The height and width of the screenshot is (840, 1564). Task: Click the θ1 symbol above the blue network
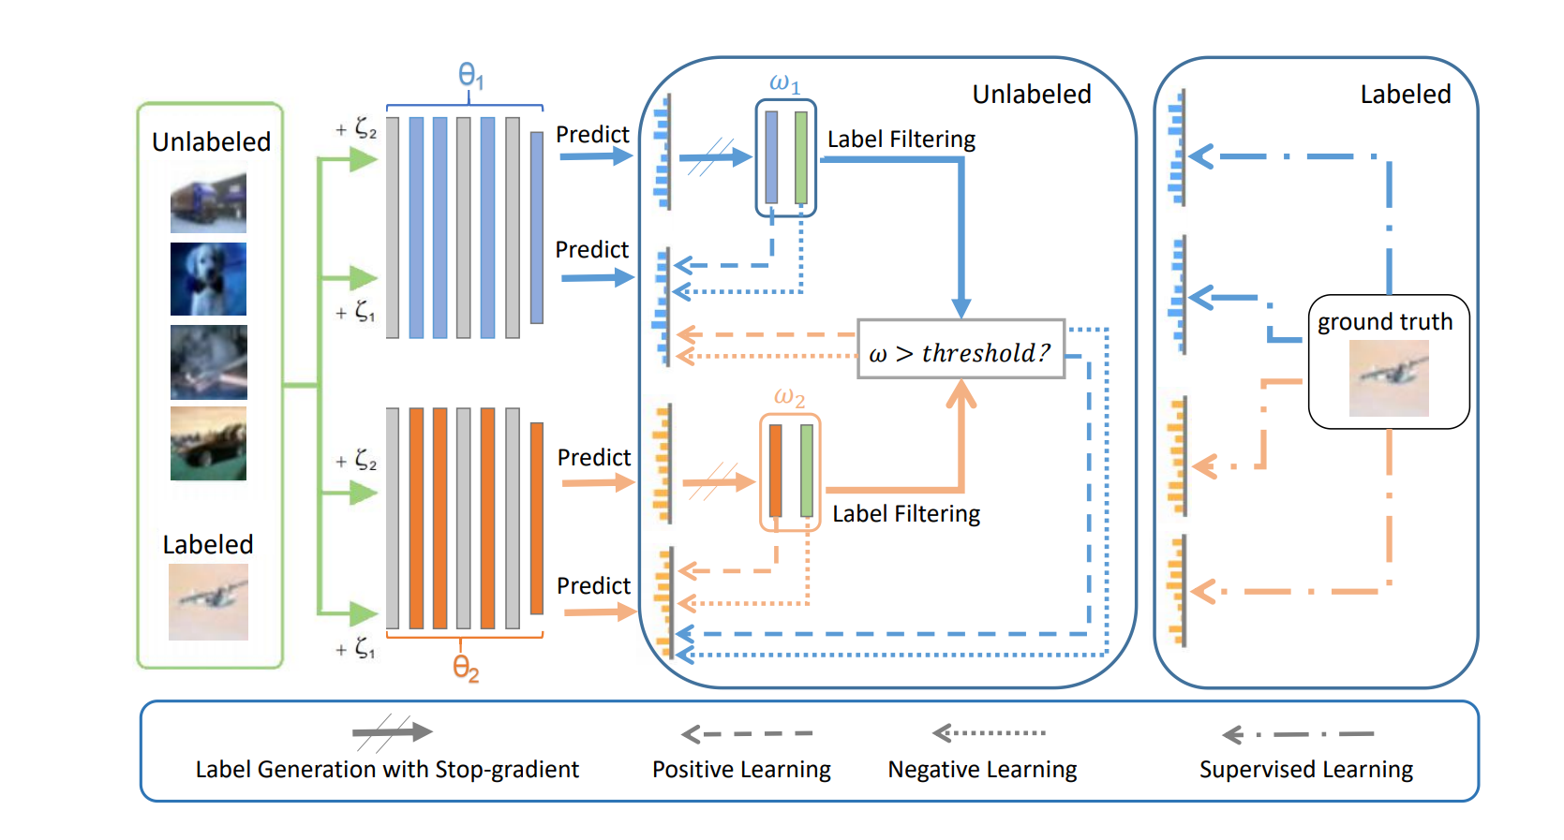[x=470, y=76]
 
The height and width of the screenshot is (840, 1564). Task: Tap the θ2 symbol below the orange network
[x=466, y=668]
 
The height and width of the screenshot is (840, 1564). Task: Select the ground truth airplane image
[x=1389, y=377]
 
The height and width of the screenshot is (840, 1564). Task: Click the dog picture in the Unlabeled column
[x=208, y=279]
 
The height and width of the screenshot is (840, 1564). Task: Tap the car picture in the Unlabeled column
[x=208, y=444]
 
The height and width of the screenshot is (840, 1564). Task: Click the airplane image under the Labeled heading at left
[x=208, y=601]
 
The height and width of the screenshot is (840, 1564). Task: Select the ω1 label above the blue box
[x=784, y=83]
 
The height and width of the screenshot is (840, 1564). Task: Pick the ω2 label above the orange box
[x=789, y=397]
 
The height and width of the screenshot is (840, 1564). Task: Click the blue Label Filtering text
[x=901, y=140]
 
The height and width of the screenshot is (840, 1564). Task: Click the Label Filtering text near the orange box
[x=906, y=514]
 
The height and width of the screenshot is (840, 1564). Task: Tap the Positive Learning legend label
[x=741, y=770]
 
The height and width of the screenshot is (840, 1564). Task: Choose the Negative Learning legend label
[x=982, y=770]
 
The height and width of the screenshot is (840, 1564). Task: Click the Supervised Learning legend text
[x=1305, y=770]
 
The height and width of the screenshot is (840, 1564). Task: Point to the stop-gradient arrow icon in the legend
[x=392, y=732]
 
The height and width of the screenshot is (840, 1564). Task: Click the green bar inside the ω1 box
[x=801, y=157]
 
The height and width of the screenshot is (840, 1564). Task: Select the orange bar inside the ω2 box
[x=776, y=471]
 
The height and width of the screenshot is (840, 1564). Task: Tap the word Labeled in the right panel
[x=1405, y=95]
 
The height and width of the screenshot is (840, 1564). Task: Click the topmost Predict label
[x=592, y=135]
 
